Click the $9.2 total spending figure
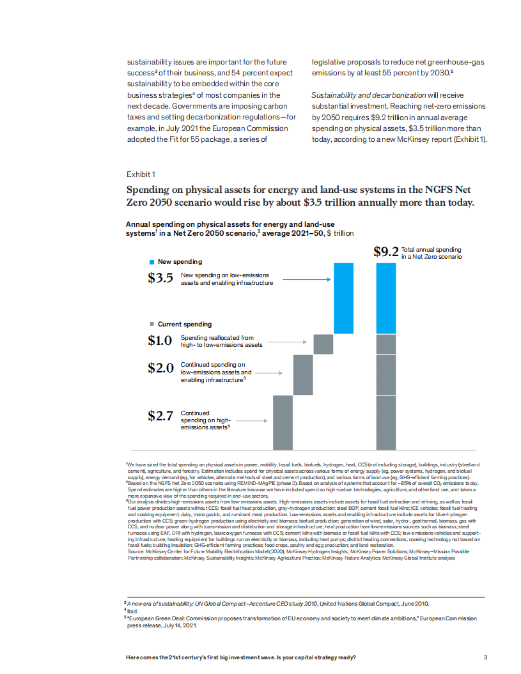pyautogui.click(x=386, y=252)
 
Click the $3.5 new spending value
pyautogui.click(x=160, y=279)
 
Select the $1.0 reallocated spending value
pyautogui.click(x=160, y=341)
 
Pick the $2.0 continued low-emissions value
pyautogui.click(x=160, y=368)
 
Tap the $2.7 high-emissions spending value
pyautogui.click(x=160, y=417)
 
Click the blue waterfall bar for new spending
pyautogui.click(x=344, y=298)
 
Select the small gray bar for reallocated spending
pyautogui.click(x=323, y=344)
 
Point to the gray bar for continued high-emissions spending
pyautogui.click(x=283, y=424)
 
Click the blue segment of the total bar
pyautogui.click(x=386, y=298)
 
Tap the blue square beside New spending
pyautogui.click(x=152, y=262)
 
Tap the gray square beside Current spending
pyautogui.click(x=152, y=325)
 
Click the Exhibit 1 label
pyautogui.click(x=141, y=174)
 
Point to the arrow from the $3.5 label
pyautogui.click(x=306, y=279)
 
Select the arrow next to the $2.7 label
pyautogui.click(x=251, y=420)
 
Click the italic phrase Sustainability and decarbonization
pyautogui.click(x=364, y=95)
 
